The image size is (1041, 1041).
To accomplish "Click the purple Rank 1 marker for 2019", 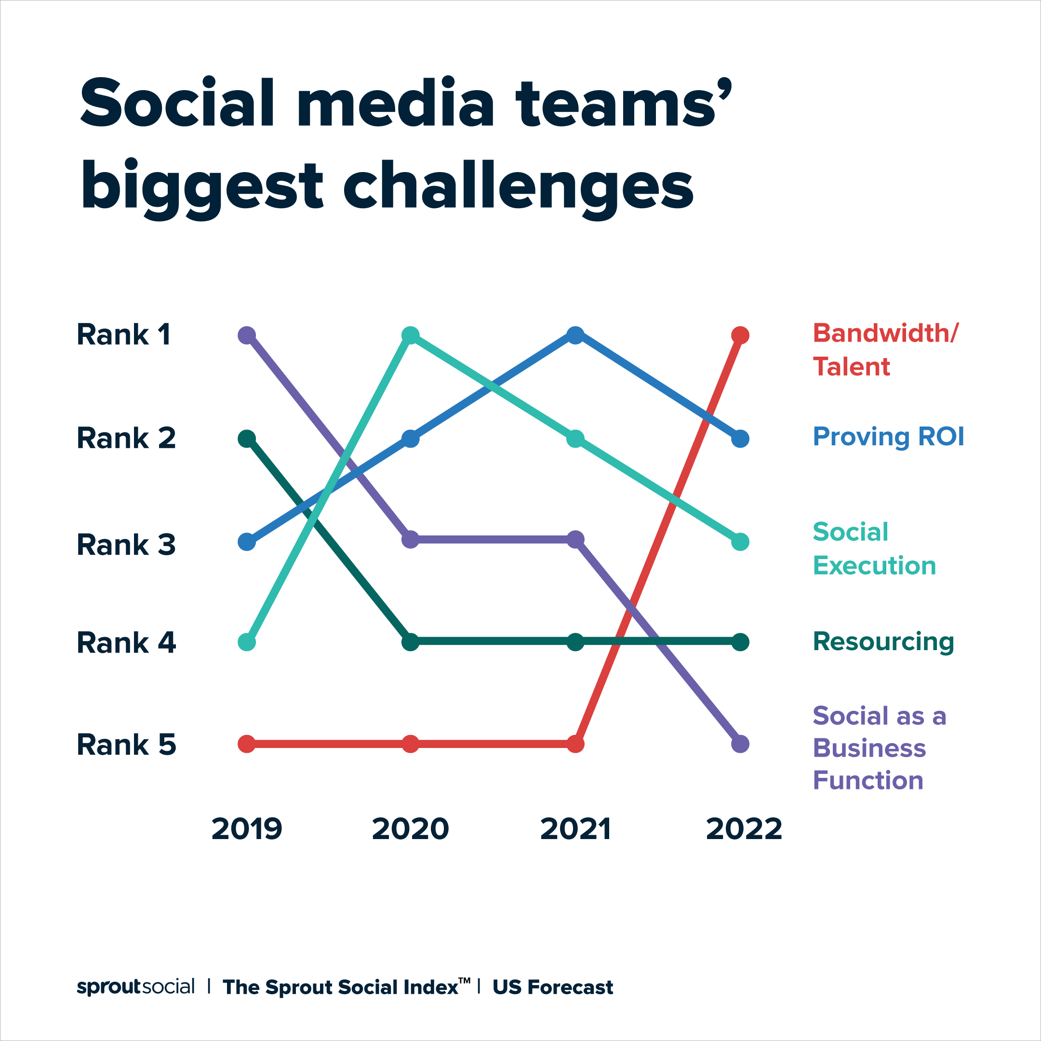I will (247, 335).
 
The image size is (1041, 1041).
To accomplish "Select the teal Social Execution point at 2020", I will (411, 335).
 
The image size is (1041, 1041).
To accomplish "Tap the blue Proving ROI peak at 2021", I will (575, 335).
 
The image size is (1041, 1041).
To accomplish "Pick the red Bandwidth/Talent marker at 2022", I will (740, 335).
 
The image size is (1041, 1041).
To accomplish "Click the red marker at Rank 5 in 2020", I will (411, 744).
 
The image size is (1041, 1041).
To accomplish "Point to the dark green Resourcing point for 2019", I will (247, 439).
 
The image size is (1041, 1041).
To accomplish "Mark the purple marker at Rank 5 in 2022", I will (740, 744).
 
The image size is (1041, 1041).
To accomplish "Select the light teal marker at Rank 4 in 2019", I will (247, 642).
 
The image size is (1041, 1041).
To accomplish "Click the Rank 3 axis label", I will (126, 545).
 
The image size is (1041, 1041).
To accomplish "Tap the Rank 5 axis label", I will (126, 745).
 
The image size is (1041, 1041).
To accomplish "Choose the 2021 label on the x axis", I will (575, 829).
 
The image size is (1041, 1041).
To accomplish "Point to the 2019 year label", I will (247, 829).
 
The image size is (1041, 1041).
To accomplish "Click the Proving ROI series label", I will (888, 437).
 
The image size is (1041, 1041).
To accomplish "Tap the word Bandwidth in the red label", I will (884, 334).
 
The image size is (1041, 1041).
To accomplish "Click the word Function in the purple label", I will (868, 780).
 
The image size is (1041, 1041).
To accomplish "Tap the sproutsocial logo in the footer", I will (135, 987).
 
